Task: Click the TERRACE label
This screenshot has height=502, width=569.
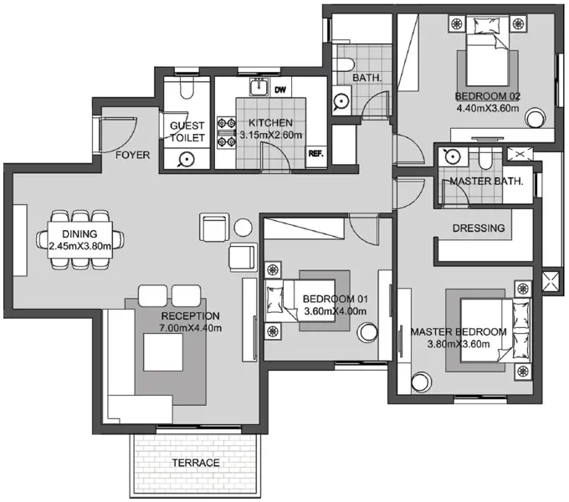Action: point(196,463)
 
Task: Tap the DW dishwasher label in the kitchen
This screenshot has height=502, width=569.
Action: point(280,90)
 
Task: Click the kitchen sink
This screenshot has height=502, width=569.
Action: point(259,87)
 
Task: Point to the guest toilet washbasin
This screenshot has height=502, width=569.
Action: point(187,159)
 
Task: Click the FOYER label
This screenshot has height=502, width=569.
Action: point(132,155)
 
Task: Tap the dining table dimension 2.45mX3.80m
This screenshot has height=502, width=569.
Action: point(79,246)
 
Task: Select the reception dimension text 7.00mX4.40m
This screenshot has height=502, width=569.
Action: point(191,328)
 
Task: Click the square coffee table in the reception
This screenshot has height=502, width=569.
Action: point(163,352)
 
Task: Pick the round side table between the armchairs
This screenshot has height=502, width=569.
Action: point(243,228)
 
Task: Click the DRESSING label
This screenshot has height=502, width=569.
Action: point(479,228)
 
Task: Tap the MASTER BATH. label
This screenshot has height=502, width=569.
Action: point(486,181)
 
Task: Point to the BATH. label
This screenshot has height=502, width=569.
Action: point(367,78)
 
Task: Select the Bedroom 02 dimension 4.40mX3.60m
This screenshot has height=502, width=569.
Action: point(487,108)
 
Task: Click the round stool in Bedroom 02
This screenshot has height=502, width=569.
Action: point(536,118)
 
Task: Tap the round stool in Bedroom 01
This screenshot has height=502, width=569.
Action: point(367,332)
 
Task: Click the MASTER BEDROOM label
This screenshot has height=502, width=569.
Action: point(459,332)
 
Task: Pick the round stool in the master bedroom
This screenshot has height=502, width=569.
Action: point(422,382)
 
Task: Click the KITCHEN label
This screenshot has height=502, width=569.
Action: point(270,123)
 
